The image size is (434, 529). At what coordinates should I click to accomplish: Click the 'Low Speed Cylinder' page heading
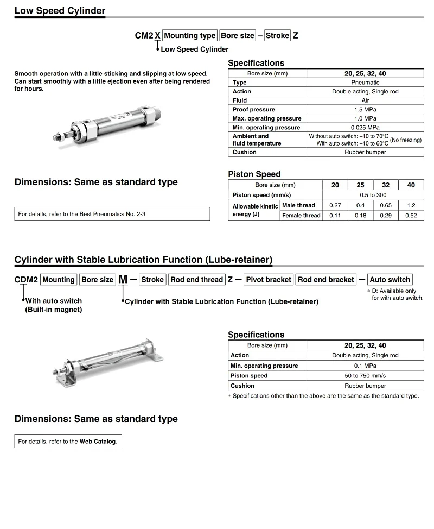60,11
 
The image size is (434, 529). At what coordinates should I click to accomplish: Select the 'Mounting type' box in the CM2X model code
190,36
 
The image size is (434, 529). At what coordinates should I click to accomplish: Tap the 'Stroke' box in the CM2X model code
277,36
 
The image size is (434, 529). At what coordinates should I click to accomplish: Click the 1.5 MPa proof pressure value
365,109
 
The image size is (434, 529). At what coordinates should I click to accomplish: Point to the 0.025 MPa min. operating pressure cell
365,128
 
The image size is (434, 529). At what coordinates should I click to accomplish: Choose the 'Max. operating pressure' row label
267,118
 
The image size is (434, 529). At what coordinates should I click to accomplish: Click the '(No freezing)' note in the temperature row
406,140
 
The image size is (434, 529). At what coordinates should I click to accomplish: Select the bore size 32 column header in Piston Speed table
386,185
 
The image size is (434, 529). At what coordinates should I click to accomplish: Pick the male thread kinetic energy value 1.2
411,206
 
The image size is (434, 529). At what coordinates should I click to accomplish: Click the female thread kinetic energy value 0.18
360,216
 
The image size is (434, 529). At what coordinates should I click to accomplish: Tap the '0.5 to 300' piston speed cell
373,195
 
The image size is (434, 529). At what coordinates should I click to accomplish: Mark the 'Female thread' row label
301,216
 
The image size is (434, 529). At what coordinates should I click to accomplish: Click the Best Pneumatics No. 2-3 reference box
112,214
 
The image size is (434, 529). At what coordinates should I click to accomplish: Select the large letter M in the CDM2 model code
123,280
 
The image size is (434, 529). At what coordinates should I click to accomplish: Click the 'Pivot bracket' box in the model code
269,280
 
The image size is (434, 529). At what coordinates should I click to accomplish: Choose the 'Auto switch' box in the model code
390,280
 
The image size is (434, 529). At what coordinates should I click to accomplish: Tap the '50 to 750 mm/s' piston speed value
365,376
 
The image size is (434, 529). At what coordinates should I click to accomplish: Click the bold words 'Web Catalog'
98,442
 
